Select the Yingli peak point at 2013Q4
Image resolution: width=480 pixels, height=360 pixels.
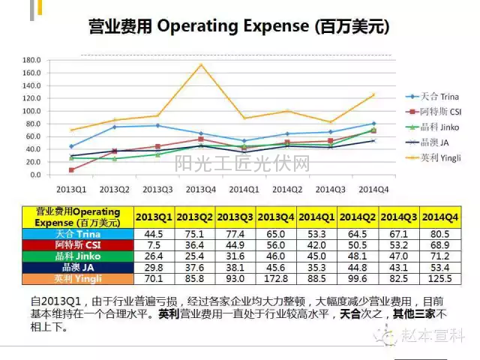tap(201, 64)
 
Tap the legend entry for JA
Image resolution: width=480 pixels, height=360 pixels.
tap(433, 142)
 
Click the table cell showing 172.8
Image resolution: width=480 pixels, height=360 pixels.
tap(276, 279)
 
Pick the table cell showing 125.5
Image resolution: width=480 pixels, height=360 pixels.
tap(439, 279)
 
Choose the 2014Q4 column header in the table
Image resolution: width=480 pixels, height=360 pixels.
tap(439, 217)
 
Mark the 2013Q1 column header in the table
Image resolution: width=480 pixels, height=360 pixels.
tap(154, 217)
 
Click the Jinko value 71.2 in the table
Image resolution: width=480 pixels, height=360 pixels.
tap(439, 256)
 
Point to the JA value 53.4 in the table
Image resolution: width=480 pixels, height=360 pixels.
tap(439, 267)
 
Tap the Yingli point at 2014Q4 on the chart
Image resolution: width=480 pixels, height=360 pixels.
tap(373, 94)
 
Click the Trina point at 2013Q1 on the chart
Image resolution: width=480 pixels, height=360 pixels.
tap(71, 146)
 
